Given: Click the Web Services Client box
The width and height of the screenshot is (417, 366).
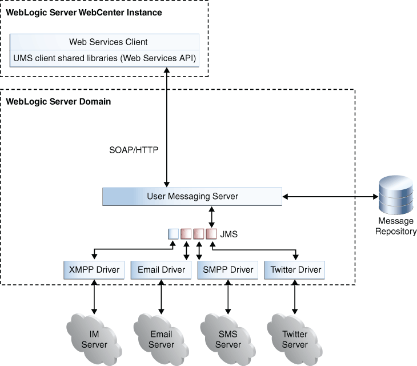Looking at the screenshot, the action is pyautogui.click(x=104, y=42).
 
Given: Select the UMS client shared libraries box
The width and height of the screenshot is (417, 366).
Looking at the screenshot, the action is pyautogui.click(x=104, y=58).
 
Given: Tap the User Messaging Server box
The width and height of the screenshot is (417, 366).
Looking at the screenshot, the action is pyautogui.click(x=192, y=197).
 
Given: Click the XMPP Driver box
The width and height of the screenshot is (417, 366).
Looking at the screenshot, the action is pyautogui.click(x=94, y=270).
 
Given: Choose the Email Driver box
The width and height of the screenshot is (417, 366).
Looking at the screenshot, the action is pyautogui.click(x=161, y=270).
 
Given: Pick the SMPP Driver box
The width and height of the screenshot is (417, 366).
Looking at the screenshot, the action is pyautogui.click(x=228, y=270).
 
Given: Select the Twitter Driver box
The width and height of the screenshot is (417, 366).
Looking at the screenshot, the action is pyautogui.click(x=294, y=270).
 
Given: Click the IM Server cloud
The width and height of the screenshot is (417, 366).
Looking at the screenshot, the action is pyautogui.click(x=94, y=339).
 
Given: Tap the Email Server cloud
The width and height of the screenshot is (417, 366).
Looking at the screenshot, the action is pyautogui.click(x=161, y=339).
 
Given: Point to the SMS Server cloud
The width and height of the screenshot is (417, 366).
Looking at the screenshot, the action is pyautogui.click(x=228, y=339).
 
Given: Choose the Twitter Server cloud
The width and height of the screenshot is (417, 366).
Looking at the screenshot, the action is pyautogui.click(x=295, y=339).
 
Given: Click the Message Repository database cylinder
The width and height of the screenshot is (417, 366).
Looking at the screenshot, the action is pyautogui.click(x=396, y=195).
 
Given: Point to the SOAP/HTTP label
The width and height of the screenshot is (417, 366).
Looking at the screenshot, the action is pyautogui.click(x=134, y=150).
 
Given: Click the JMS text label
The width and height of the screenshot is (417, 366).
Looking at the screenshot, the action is pyautogui.click(x=228, y=234).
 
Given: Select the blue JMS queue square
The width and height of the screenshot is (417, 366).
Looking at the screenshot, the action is pyautogui.click(x=174, y=234).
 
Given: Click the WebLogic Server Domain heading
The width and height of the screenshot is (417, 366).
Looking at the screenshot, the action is pyautogui.click(x=58, y=102).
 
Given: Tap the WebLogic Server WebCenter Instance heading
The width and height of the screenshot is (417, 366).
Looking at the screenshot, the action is pyautogui.click(x=84, y=13).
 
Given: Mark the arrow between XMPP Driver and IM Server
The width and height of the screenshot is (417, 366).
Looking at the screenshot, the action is pyautogui.click(x=94, y=297).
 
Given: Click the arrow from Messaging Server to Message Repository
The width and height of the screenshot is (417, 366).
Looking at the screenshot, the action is pyautogui.click(x=330, y=197).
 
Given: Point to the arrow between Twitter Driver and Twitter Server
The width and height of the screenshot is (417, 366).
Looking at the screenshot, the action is pyautogui.click(x=295, y=297).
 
